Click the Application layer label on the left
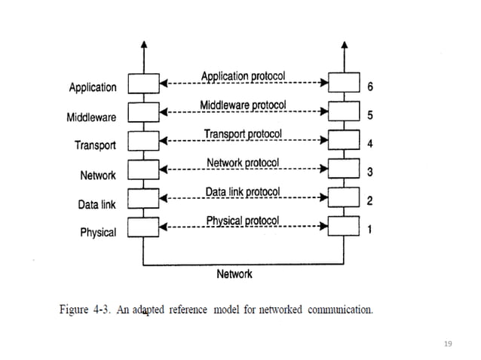(x=93, y=87)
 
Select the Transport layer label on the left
(x=95, y=145)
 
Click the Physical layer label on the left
(x=98, y=233)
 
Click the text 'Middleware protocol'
(x=242, y=105)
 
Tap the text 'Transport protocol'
(x=242, y=134)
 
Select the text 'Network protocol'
(x=242, y=163)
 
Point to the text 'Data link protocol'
(x=242, y=192)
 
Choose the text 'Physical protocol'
(x=242, y=221)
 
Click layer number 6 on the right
(x=369, y=87)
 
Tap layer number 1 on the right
(x=369, y=230)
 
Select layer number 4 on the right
(x=369, y=144)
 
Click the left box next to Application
(x=143, y=82)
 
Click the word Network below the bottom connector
(x=234, y=274)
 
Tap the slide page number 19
(x=449, y=343)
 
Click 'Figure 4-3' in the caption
(x=83, y=310)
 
